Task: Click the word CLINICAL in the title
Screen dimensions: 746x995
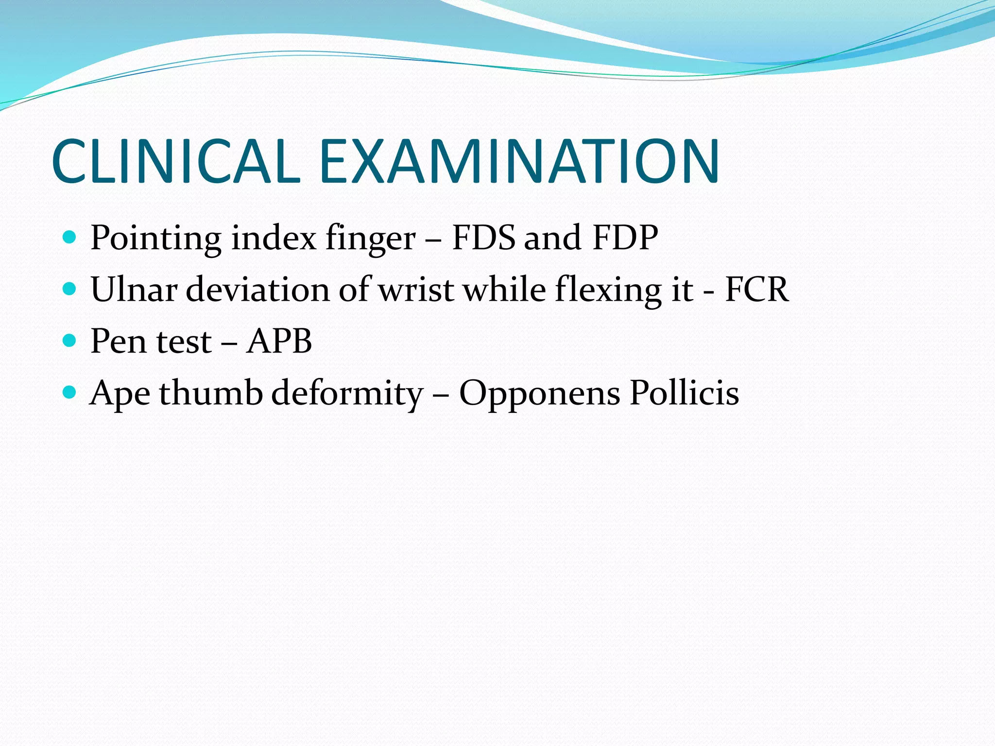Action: [176, 161]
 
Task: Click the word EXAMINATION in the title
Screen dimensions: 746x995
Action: [519, 161]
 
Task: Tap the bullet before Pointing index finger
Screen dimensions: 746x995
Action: [70, 237]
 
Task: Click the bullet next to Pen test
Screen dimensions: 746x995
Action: [70, 340]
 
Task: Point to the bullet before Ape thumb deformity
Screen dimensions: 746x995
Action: [70, 392]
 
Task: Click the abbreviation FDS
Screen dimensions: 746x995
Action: [483, 237]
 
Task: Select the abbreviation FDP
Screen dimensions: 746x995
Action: [625, 237]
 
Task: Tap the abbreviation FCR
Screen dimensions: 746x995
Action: [756, 289]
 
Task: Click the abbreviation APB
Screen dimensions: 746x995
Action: [279, 341]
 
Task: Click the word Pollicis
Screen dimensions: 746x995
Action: [684, 392]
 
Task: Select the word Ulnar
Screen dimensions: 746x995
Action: [134, 289]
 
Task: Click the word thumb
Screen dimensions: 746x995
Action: [210, 392]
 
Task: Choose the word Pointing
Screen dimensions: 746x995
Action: [156, 238]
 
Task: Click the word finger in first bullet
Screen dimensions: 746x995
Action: [370, 238]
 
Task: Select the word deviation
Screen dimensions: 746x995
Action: [257, 289]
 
